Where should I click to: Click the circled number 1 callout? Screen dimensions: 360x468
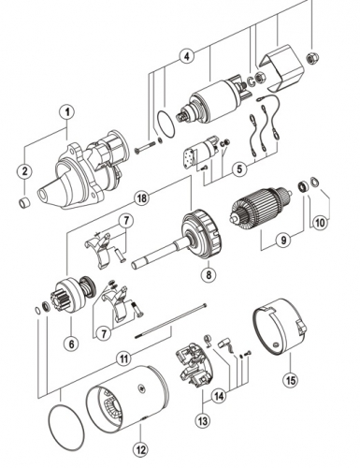click(x=66, y=112)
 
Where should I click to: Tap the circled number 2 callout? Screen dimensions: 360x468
click(x=24, y=171)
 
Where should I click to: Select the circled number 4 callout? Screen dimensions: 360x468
click(x=186, y=56)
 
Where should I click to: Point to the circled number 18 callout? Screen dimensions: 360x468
click(x=142, y=198)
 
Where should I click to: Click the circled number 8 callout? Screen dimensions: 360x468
click(x=209, y=274)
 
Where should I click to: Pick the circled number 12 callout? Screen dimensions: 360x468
click(x=141, y=450)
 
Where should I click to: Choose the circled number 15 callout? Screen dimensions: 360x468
click(x=290, y=380)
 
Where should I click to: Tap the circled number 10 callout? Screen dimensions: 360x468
click(x=320, y=223)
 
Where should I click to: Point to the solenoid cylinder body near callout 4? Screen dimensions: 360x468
click(x=215, y=100)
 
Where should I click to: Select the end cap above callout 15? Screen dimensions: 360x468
click(x=280, y=327)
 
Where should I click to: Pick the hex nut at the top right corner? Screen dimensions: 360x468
click(x=310, y=58)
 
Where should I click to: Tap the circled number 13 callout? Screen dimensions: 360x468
click(x=203, y=421)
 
